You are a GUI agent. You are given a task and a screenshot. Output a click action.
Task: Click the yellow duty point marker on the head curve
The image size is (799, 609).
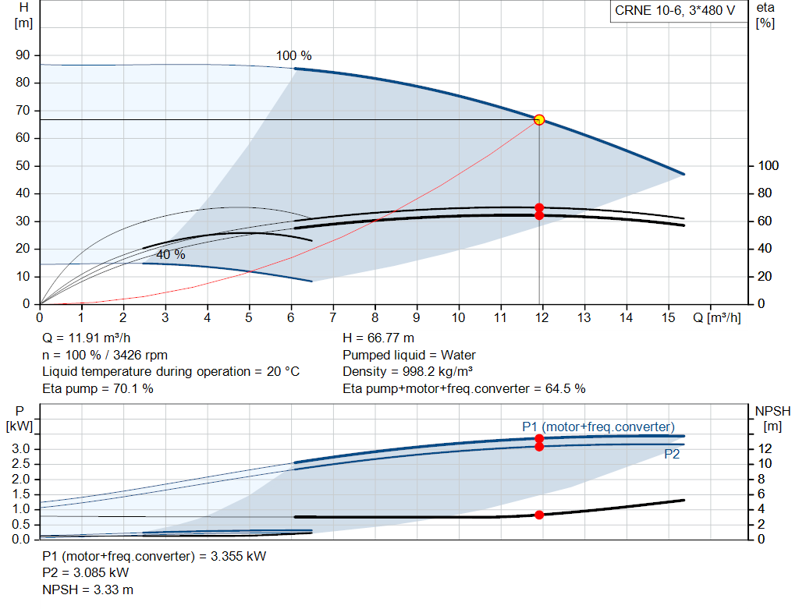[539, 119]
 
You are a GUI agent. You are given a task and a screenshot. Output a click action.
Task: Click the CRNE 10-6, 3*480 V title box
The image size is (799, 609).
[675, 12]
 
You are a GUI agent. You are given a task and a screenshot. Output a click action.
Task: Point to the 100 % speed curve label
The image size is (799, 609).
[293, 56]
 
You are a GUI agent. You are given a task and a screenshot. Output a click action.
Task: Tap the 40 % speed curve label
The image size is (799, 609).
[171, 255]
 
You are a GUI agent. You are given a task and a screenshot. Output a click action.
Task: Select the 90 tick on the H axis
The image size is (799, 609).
[23, 55]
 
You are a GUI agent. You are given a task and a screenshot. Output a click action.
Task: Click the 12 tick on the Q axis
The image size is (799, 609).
[542, 317]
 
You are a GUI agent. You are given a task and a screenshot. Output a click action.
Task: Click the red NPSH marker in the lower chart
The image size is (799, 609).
[539, 515]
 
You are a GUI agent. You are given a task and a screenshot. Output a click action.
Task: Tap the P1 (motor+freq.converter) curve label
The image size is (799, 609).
[598, 427]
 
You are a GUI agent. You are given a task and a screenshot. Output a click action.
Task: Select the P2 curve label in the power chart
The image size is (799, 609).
[672, 455]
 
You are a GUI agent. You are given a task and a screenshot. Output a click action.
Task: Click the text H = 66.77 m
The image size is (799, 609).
[378, 338]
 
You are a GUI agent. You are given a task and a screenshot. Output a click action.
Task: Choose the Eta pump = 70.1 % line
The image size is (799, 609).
[98, 388]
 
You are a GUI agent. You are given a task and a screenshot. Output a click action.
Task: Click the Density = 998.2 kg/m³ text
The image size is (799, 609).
[408, 371]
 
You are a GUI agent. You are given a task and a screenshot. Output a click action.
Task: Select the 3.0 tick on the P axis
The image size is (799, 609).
[23, 449]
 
